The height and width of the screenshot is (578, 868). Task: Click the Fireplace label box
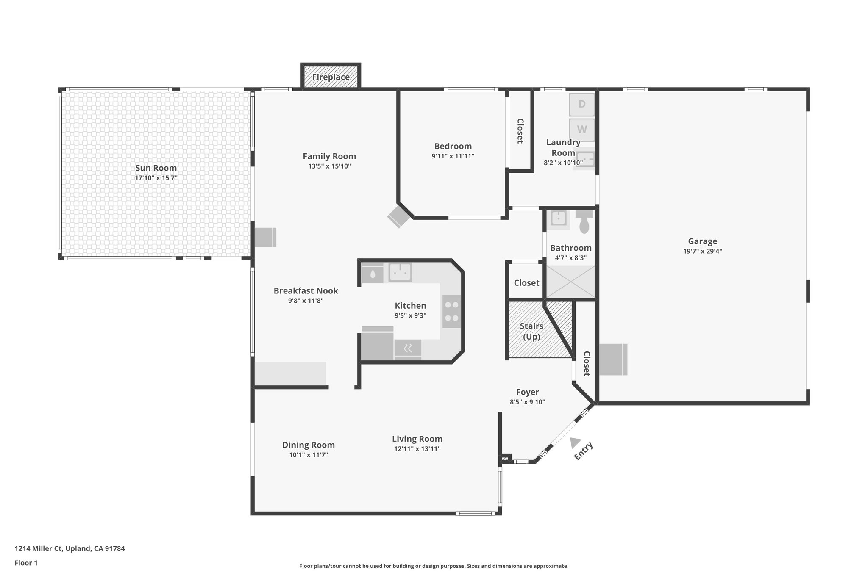click(331, 77)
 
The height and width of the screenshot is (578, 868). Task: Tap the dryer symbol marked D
click(582, 104)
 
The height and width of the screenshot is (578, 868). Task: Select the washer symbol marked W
click(582, 130)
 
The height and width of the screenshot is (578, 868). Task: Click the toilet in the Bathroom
click(584, 223)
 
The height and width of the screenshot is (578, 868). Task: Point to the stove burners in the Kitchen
click(451, 311)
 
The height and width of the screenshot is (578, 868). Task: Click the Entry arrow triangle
click(575, 442)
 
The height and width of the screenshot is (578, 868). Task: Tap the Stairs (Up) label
click(531, 331)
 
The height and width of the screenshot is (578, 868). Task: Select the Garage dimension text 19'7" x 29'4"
click(702, 251)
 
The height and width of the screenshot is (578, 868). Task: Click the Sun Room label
click(156, 168)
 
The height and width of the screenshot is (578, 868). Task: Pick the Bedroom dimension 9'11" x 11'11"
click(453, 156)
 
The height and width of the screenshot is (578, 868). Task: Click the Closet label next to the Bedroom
click(520, 131)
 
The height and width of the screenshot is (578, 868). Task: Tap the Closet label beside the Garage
click(587, 363)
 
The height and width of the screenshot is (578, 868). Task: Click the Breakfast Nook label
click(306, 291)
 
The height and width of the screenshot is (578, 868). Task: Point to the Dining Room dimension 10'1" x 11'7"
click(308, 455)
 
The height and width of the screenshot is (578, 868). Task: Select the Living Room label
click(417, 439)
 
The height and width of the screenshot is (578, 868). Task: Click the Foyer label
click(527, 392)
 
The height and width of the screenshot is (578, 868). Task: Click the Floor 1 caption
click(26, 563)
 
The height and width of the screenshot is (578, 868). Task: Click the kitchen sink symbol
click(400, 272)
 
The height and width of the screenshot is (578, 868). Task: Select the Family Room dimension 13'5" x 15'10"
click(329, 166)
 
